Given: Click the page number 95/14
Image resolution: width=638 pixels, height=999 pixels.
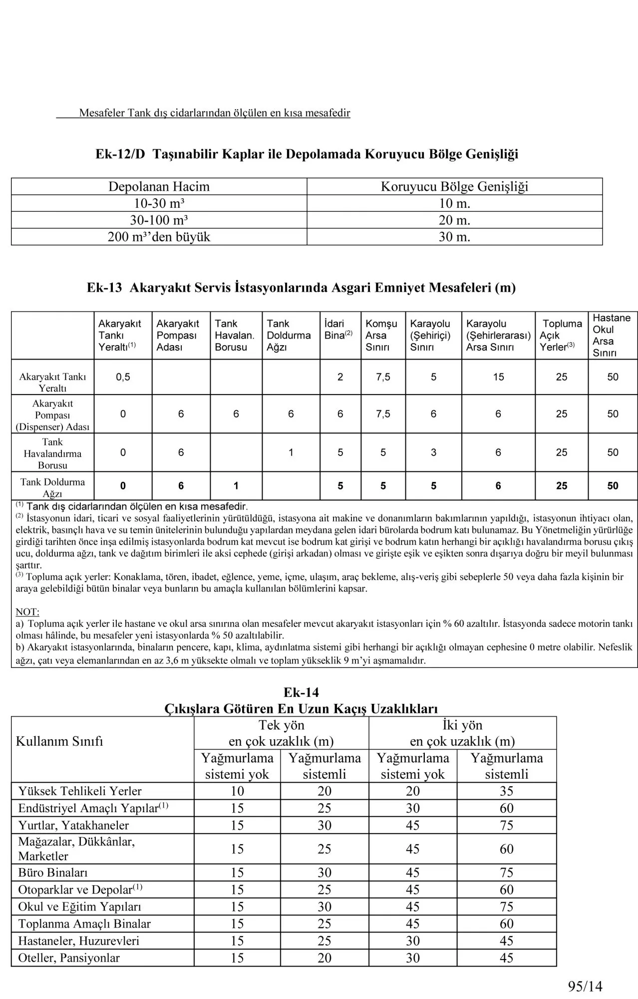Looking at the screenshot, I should (x=585, y=986).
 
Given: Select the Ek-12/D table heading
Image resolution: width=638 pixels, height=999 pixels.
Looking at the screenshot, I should (x=307, y=154).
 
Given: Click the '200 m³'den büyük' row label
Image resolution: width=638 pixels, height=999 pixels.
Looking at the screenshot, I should (x=159, y=237).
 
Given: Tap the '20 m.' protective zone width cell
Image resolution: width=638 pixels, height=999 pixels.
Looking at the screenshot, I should (x=454, y=220).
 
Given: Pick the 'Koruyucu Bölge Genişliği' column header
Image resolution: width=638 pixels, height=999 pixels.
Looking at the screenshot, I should (x=454, y=187).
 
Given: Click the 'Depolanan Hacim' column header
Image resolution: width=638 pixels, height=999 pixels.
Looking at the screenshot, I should (x=159, y=187).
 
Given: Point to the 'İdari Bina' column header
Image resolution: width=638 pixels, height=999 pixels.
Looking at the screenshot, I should (x=338, y=330).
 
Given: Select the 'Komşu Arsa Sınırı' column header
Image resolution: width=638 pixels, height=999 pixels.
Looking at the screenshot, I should (x=381, y=335).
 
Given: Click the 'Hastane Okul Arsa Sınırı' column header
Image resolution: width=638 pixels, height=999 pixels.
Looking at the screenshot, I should (x=612, y=335).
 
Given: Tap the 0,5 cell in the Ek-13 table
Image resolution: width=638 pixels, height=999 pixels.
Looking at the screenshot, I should (x=123, y=377).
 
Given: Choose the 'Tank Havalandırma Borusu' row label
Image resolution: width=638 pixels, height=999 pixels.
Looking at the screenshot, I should (x=52, y=454).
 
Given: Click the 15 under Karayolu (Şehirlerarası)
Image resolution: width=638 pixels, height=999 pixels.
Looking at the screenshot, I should (x=498, y=377).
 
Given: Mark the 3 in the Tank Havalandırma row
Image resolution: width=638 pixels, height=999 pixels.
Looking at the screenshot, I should (x=433, y=453).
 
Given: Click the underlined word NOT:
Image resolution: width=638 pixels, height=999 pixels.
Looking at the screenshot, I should (x=27, y=612).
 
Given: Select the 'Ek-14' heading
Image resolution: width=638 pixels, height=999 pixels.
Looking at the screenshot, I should (x=301, y=692).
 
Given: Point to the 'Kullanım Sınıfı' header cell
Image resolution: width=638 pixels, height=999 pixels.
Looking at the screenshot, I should (x=59, y=741).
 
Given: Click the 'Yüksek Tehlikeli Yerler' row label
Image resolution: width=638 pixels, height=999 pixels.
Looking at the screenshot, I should (x=80, y=791).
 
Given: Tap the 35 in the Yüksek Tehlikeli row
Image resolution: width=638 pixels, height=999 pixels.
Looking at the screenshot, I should (x=506, y=791).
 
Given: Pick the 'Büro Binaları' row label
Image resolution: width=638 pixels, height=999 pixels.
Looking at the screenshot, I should (x=53, y=873).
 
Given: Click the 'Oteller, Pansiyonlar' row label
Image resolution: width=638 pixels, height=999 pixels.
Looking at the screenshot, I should (x=69, y=958).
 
